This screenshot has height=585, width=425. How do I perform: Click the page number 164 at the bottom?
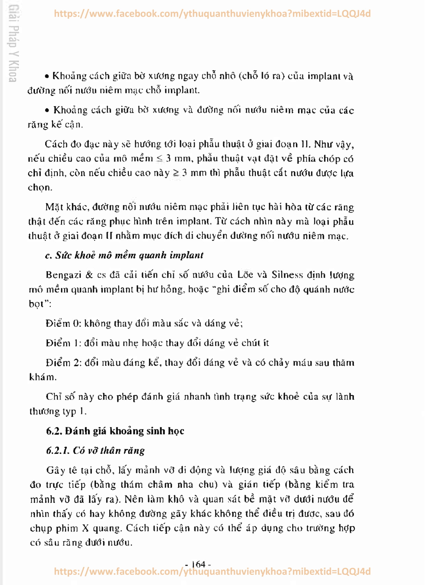[x=198, y=564]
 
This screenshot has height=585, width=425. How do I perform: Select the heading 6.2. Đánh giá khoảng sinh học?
[x=115, y=431]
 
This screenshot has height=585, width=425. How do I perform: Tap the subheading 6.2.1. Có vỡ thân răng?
[x=95, y=451]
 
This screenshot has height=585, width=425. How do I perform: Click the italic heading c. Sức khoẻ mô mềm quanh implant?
[x=124, y=255]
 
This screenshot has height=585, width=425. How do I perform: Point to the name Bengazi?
[x=63, y=275]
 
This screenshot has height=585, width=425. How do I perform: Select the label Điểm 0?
[x=63, y=323]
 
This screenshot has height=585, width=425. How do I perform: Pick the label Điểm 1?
[x=62, y=343]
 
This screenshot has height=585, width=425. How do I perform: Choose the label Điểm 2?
[x=63, y=363]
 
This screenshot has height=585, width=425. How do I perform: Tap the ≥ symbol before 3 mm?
[x=176, y=173]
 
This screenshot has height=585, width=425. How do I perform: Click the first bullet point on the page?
[x=47, y=77]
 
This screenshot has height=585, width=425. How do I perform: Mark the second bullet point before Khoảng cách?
[x=47, y=111]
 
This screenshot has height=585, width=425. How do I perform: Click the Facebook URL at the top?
[x=212, y=13]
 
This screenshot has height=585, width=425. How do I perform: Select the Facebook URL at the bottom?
[x=212, y=571]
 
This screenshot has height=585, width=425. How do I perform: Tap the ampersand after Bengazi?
[x=89, y=275]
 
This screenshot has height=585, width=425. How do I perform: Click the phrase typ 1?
[x=74, y=411]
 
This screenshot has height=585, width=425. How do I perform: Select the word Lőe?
[x=245, y=275]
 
